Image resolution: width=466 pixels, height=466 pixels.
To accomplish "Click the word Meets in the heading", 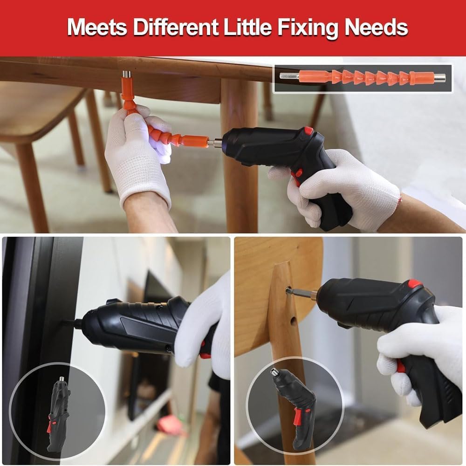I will [x=97, y=27].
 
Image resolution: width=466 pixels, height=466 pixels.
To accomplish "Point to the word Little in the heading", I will [x=251, y=27].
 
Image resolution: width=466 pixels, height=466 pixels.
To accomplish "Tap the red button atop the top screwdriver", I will [x=308, y=131].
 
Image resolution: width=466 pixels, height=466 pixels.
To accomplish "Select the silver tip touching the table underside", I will [x=126, y=74].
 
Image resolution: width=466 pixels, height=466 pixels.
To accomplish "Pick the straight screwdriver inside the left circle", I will [x=58, y=410].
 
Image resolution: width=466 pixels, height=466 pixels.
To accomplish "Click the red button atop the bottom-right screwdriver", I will [x=414, y=283].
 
